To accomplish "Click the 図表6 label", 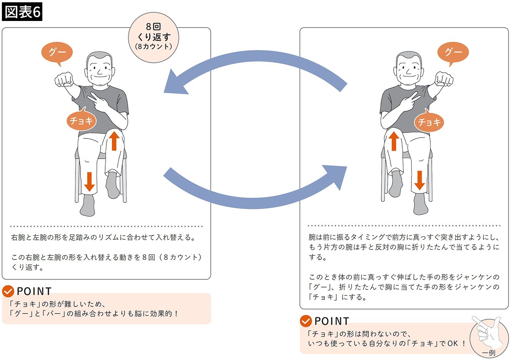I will point(22,12).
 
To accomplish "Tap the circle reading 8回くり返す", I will point(153,37).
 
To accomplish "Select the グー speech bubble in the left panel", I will point(57,52).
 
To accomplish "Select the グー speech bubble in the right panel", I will point(453,52).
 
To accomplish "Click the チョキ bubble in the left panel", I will point(81,121).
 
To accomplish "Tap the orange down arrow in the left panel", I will point(89,182).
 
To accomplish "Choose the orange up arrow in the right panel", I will point(394,141).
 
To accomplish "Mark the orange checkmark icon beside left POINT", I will point(8,291).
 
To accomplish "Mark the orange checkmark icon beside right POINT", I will point(306,321).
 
